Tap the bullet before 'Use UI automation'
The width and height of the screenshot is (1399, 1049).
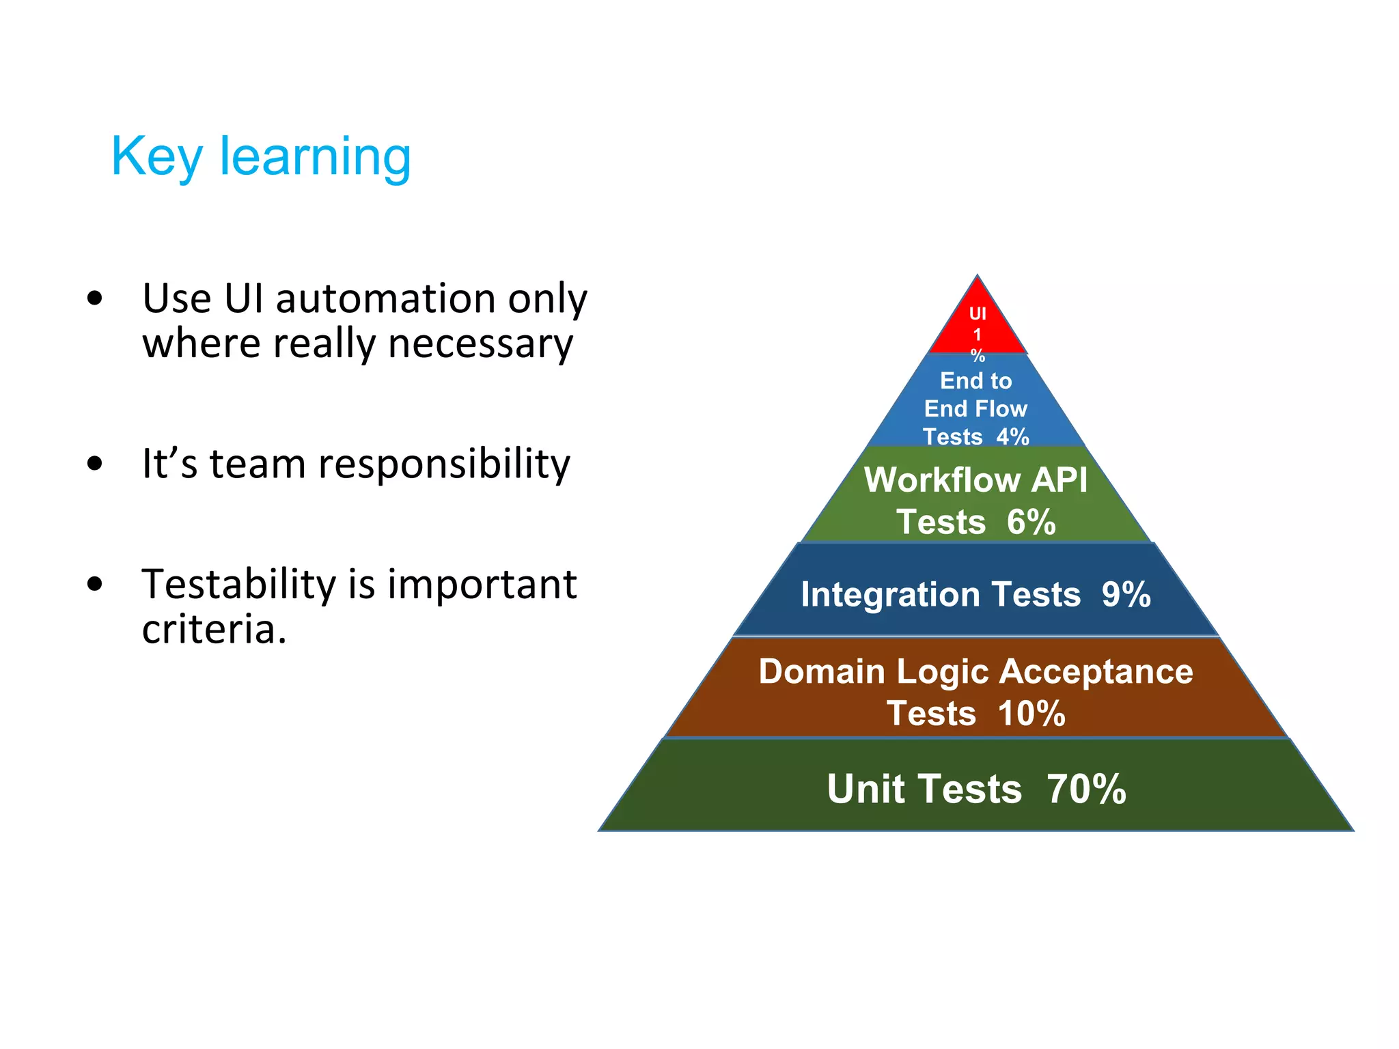[95, 298]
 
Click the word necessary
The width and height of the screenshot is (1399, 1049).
[480, 344]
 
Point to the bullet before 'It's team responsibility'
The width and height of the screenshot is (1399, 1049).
[95, 464]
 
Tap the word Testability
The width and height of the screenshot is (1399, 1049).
[238, 585]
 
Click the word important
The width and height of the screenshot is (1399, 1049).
[482, 585]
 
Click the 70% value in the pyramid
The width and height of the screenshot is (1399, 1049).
[1086, 789]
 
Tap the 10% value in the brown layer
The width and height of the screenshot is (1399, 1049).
[1031, 714]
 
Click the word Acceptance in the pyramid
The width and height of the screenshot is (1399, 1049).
[1096, 671]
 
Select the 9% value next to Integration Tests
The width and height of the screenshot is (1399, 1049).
[1126, 594]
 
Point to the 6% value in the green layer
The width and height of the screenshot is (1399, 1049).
[1031, 522]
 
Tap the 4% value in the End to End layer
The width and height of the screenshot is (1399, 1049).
[1012, 436]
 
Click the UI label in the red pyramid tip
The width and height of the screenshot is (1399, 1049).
[978, 313]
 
